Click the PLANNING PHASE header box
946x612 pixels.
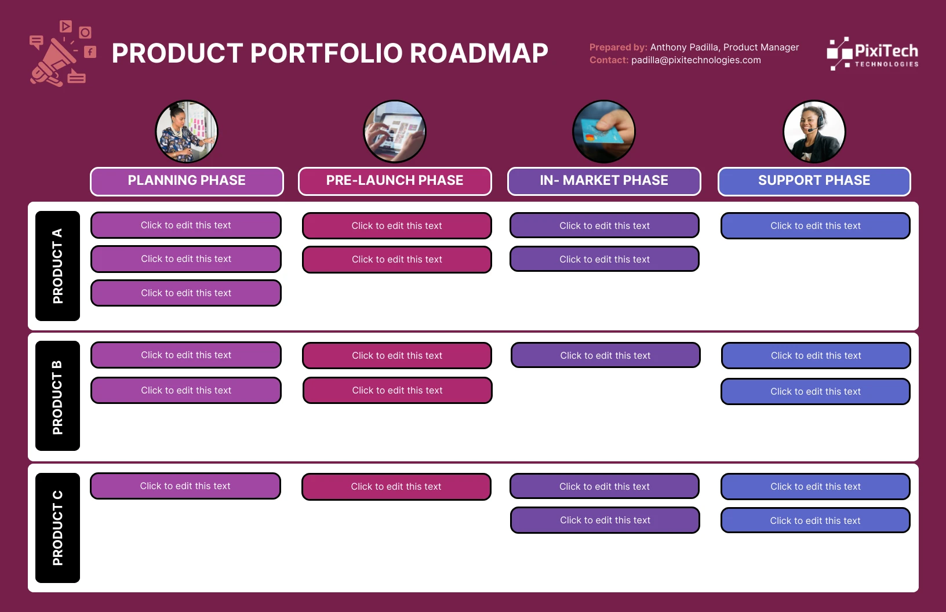click(187, 181)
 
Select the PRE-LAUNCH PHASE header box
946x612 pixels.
click(395, 181)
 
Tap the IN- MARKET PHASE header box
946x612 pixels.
click(604, 181)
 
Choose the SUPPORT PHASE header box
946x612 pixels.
click(814, 181)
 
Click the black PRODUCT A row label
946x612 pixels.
click(57, 266)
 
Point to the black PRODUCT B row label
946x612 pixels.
click(57, 396)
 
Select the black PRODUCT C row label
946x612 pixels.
click(57, 528)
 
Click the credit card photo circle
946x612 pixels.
click(603, 132)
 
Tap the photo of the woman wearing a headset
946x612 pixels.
click(814, 132)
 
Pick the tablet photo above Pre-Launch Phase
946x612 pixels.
click(395, 132)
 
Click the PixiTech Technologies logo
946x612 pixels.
click(872, 54)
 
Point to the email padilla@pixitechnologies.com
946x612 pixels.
click(696, 60)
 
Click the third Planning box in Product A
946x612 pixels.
click(186, 293)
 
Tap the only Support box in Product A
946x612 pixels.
click(816, 226)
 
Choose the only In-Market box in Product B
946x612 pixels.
click(605, 356)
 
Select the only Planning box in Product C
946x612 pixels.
click(185, 486)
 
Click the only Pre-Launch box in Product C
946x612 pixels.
click(396, 487)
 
